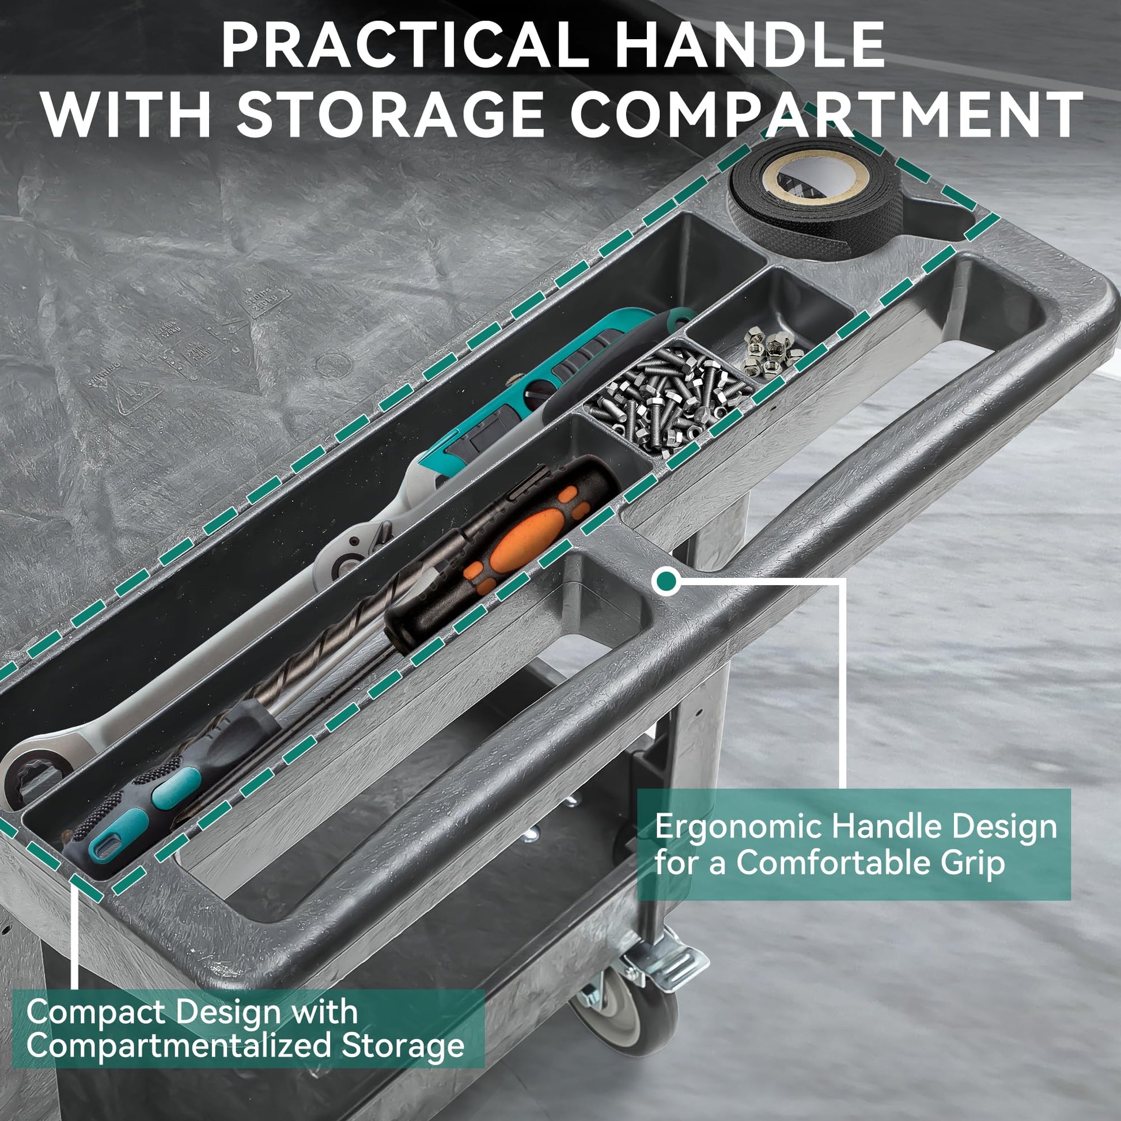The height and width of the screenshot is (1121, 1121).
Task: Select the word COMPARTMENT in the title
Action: tap(826, 113)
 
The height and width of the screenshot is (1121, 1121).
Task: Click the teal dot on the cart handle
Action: tap(665, 580)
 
